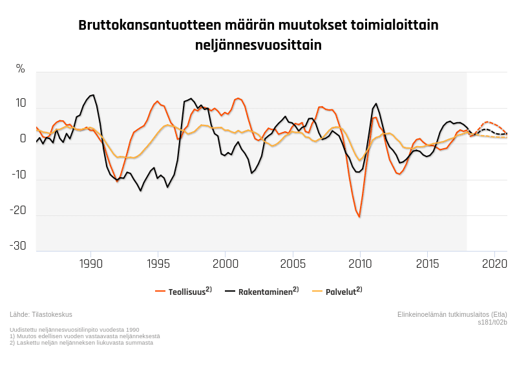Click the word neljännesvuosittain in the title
(258, 46)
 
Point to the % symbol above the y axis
(21, 69)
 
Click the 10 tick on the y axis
(21, 103)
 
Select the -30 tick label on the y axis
(18, 246)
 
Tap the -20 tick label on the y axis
(18, 210)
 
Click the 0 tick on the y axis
(23, 139)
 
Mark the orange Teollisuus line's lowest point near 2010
(359, 217)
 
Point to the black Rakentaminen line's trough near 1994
(141, 191)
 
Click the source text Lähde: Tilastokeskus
(41, 314)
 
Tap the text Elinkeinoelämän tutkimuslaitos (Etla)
(452, 314)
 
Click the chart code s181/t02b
(492, 321)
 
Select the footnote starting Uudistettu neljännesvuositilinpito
(74, 330)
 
